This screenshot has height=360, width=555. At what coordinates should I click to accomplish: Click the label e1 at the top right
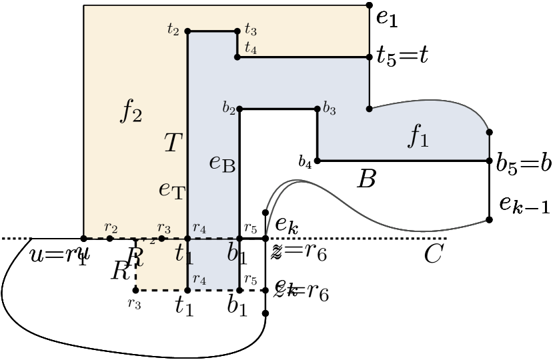(x=387, y=18)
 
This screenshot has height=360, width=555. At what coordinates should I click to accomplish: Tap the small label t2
(x=173, y=29)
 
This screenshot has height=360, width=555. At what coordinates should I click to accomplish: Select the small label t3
(x=251, y=29)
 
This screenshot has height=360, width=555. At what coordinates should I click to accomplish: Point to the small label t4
(x=251, y=47)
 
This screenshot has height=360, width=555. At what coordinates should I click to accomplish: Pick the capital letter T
(x=173, y=142)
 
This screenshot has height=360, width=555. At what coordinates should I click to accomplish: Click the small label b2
(x=229, y=107)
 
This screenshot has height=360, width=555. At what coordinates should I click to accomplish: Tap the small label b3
(x=329, y=109)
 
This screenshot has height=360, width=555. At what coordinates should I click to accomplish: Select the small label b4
(x=305, y=161)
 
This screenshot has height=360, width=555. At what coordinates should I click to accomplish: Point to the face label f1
(x=419, y=137)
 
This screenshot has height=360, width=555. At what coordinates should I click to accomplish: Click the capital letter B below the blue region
(x=367, y=179)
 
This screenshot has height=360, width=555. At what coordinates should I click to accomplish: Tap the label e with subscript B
(x=222, y=164)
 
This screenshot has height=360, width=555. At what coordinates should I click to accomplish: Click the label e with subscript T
(x=172, y=190)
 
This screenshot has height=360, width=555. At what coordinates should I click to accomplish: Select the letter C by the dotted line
(x=434, y=254)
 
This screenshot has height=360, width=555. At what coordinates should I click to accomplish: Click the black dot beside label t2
(x=187, y=31)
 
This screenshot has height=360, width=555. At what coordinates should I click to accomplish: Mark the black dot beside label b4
(x=318, y=161)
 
